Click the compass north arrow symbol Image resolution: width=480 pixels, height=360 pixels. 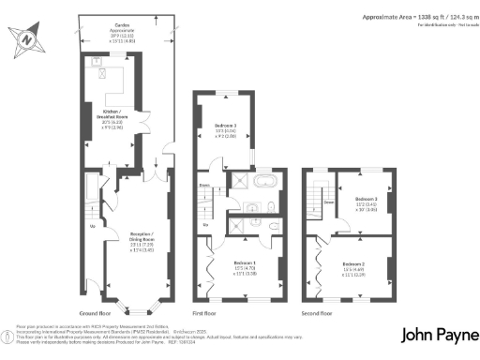click(x=25, y=40)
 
